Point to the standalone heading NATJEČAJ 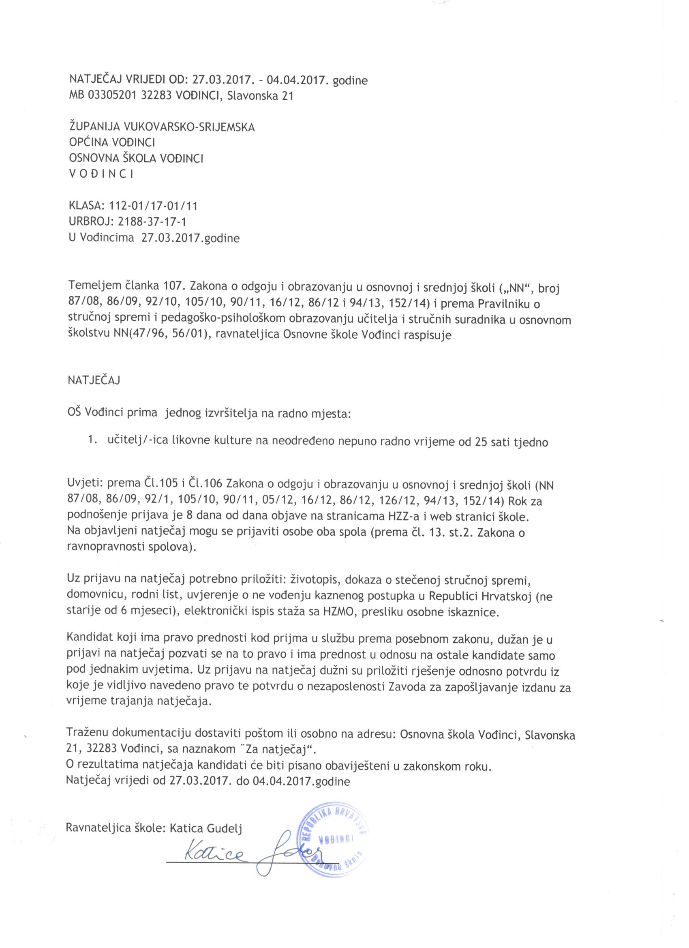pyautogui.click(x=94, y=380)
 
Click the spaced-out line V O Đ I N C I pyautogui.click(x=101, y=174)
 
